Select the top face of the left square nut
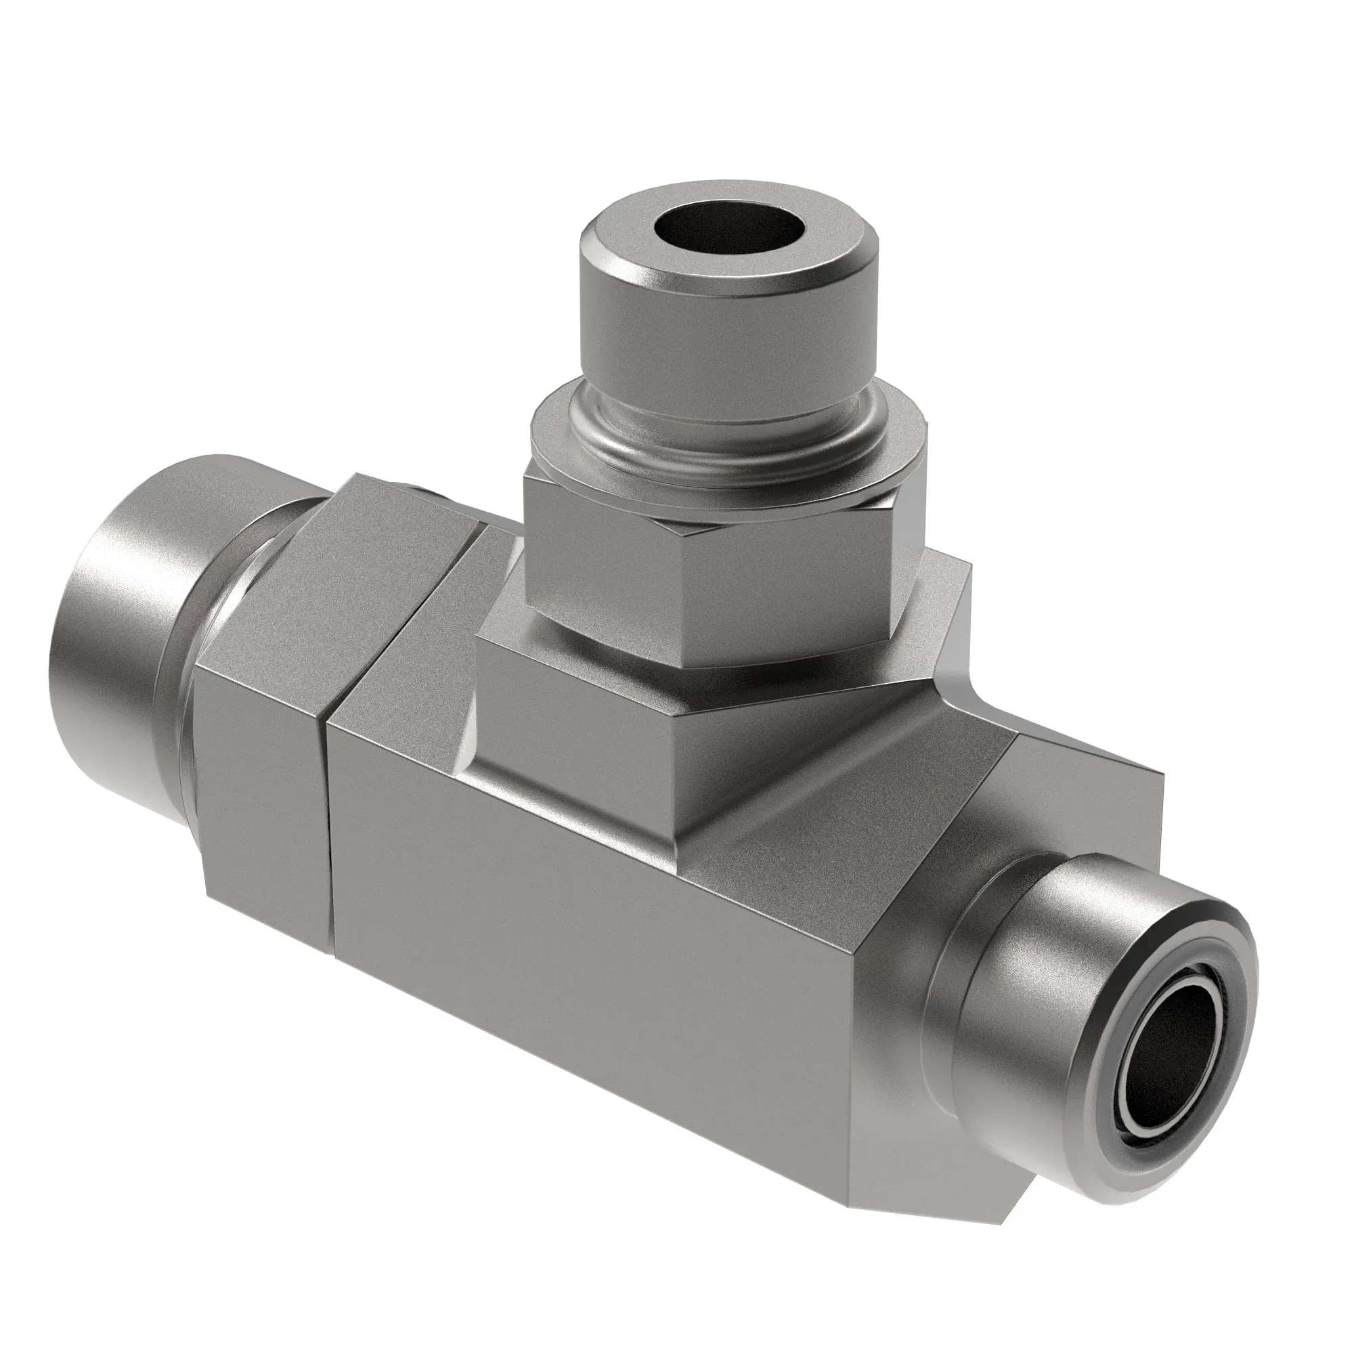point(393,519)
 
